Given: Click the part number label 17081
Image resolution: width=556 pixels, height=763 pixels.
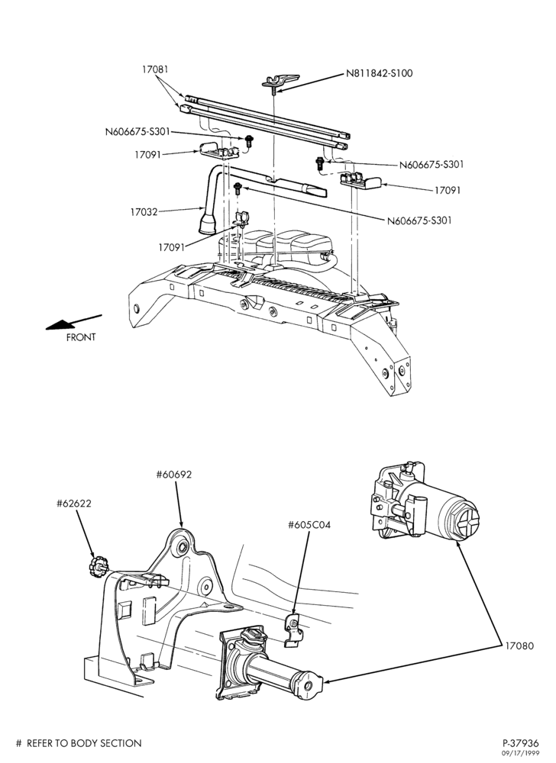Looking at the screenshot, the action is tap(155, 69).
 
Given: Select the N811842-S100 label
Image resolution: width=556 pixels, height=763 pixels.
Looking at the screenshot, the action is tap(380, 73).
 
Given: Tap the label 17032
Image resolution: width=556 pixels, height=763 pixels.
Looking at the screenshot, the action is tap(144, 211).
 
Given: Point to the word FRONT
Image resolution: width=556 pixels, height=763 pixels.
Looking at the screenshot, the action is tap(81, 336).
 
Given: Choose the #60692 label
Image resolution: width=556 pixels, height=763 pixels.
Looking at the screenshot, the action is tap(174, 474).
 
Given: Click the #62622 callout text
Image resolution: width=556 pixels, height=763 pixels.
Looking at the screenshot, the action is tap(73, 503).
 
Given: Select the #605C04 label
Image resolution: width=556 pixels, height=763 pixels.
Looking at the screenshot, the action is tap(309, 525).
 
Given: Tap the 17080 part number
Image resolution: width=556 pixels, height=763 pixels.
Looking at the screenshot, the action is tap(519, 645).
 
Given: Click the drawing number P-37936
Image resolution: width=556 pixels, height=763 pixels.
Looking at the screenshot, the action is tap(521, 743).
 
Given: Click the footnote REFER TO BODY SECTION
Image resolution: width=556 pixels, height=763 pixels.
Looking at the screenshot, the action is tap(84, 743).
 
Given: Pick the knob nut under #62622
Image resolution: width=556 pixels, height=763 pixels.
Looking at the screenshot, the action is tap(97, 568).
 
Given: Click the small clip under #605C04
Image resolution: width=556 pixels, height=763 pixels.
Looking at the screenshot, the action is tap(293, 631).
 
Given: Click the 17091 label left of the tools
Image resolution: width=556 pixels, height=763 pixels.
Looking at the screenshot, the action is tap(148, 155).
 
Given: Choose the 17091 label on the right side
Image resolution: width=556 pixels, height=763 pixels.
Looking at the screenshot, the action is tap(448, 190).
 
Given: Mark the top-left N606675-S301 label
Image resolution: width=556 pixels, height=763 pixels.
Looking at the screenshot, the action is tap(137, 131).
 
